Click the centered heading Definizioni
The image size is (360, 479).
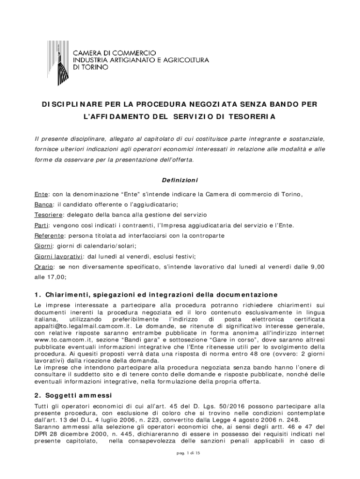(180, 180)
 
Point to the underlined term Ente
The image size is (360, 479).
(41, 194)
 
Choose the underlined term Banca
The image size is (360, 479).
(43, 204)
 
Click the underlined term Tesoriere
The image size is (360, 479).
(48, 215)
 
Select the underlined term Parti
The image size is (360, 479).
(42, 225)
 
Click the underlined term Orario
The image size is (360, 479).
(44, 267)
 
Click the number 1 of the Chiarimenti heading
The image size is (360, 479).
(37, 295)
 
